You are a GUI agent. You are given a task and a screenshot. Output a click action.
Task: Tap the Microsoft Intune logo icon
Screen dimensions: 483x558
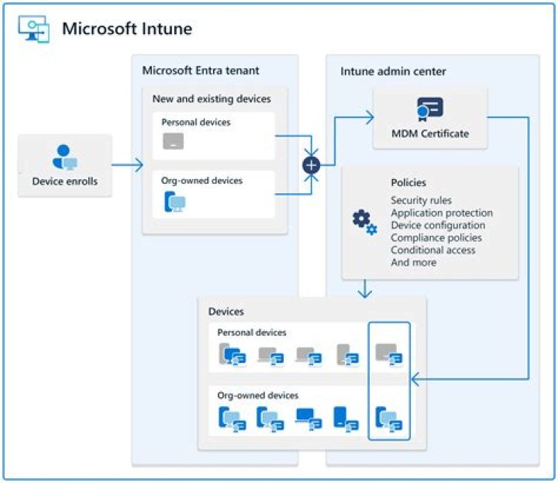coord(33,29)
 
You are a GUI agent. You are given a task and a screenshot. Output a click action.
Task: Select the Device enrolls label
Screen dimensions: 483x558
coord(65,182)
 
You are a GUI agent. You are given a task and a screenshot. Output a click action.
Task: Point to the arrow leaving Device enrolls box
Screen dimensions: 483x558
coord(128,164)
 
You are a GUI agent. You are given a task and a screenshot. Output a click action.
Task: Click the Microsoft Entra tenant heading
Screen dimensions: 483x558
coord(201,71)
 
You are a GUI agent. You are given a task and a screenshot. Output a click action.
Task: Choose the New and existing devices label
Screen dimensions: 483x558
coord(212,99)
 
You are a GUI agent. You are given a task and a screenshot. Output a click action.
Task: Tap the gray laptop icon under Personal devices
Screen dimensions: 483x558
coord(173,141)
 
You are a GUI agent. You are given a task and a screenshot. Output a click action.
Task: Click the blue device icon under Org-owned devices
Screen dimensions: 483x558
coord(174,202)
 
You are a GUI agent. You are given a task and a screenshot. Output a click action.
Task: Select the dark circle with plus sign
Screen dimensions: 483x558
coord(311,164)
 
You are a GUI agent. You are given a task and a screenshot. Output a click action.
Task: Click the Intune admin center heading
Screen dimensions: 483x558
coord(393,71)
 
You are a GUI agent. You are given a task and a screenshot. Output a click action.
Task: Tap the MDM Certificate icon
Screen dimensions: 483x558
coord(430,109)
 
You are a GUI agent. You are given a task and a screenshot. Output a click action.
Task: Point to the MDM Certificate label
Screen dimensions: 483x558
coord(431,133)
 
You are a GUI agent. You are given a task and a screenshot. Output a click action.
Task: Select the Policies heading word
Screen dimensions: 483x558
coord(408,183)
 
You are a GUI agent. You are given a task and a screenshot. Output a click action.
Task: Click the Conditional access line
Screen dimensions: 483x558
coord(433,250)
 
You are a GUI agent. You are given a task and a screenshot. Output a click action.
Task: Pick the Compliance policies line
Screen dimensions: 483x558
coord(436,238)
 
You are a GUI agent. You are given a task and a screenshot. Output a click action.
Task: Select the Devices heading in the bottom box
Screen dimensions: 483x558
coord(226,312)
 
